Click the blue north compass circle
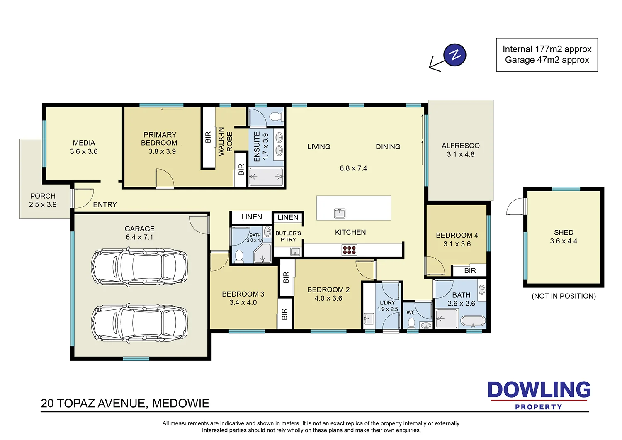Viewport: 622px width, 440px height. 455,55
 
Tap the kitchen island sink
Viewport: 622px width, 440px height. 340,213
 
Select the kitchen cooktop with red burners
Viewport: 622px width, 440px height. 349,250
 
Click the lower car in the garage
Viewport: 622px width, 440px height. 139,323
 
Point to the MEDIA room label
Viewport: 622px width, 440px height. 84,143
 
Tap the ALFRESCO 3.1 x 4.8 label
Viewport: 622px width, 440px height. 460,150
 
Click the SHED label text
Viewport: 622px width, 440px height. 564,232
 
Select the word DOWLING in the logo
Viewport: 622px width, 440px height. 539,390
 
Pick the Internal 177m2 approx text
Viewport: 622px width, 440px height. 547,49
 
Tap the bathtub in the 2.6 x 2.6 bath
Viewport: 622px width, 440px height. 473,321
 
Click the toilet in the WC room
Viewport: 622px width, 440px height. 411,322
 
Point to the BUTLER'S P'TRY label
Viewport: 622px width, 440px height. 288,236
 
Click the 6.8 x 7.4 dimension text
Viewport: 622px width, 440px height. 353,168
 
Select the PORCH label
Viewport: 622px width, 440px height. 43,196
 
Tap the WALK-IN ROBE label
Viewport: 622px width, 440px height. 225,141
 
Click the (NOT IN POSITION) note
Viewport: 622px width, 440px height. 564,296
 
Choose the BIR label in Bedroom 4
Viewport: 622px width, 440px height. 470,270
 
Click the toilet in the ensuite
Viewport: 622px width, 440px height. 275,116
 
